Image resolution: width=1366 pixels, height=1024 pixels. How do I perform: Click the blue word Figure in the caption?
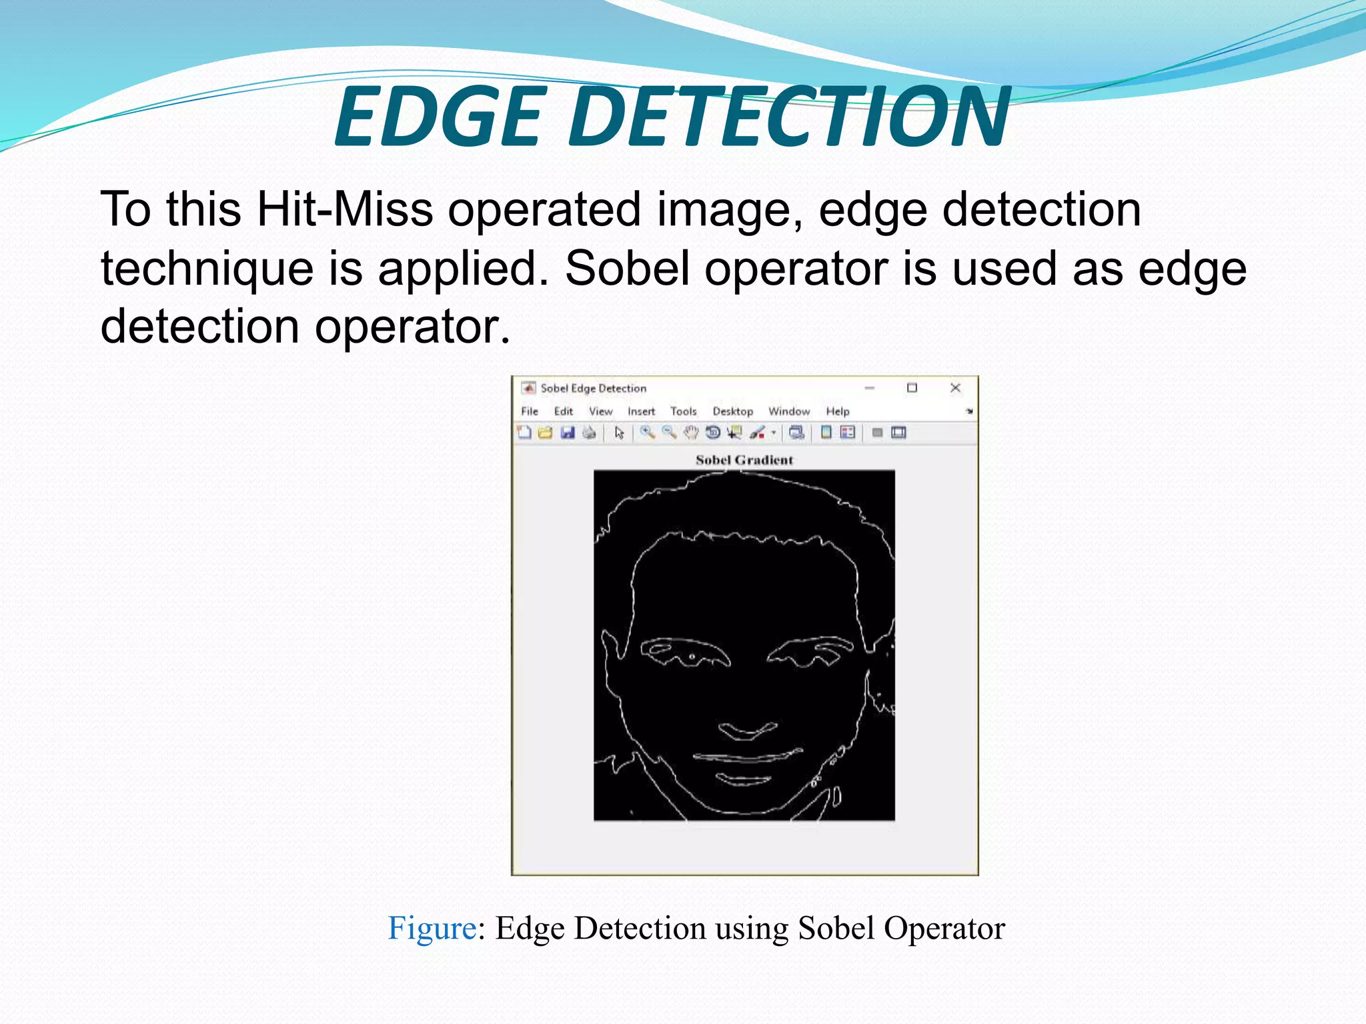point(432,928)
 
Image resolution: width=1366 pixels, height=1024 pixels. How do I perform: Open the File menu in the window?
point(530,411)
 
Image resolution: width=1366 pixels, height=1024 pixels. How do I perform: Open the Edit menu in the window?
point(564,411)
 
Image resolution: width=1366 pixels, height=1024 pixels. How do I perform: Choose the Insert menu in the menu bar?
point(641,411)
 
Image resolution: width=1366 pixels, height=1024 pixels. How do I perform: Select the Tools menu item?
point(683,411)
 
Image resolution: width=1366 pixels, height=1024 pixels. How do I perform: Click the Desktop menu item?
point(732,411)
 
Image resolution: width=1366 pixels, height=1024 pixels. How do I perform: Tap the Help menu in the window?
point(838,411)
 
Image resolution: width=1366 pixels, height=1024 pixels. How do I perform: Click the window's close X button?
point(955,388)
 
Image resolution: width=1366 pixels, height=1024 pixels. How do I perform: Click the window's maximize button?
point(912,388)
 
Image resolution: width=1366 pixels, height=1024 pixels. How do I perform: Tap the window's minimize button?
point(870,388)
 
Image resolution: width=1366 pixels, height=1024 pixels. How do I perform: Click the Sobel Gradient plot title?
point(744,460)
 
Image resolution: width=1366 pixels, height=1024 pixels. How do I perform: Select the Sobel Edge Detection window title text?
point(593,388)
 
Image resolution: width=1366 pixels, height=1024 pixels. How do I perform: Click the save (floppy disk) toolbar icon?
point(568,433)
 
